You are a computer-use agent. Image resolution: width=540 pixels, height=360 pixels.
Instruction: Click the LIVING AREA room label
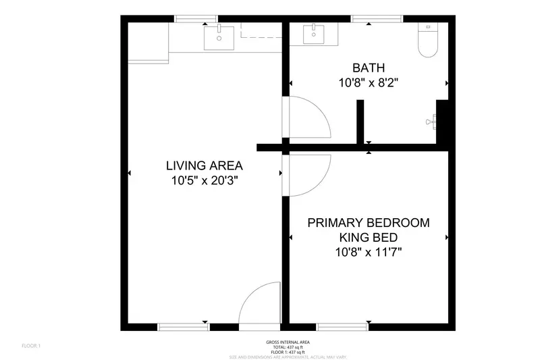click(205, 165)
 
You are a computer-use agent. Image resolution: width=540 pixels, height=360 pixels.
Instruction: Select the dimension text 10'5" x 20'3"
click(205, 180)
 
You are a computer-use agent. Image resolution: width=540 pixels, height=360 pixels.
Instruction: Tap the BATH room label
click(369, 68)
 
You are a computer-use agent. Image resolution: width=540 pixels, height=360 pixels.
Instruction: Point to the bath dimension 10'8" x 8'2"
click(369, 83)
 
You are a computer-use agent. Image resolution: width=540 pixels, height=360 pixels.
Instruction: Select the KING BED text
click(369, 238)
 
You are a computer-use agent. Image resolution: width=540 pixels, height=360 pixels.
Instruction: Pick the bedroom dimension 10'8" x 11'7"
click(369, 253)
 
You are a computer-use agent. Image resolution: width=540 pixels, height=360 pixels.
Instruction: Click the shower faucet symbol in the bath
click(431, 122)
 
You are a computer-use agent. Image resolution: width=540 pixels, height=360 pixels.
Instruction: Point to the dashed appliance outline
click(261, 30)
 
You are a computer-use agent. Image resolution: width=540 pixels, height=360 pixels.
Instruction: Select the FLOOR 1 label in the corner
click(31, 346)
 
